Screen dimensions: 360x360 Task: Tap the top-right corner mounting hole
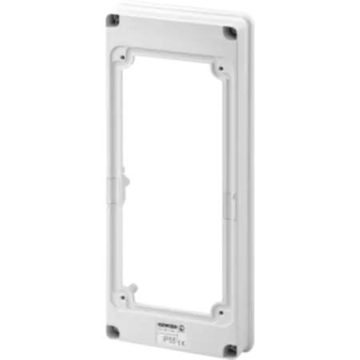coord(230,33)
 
